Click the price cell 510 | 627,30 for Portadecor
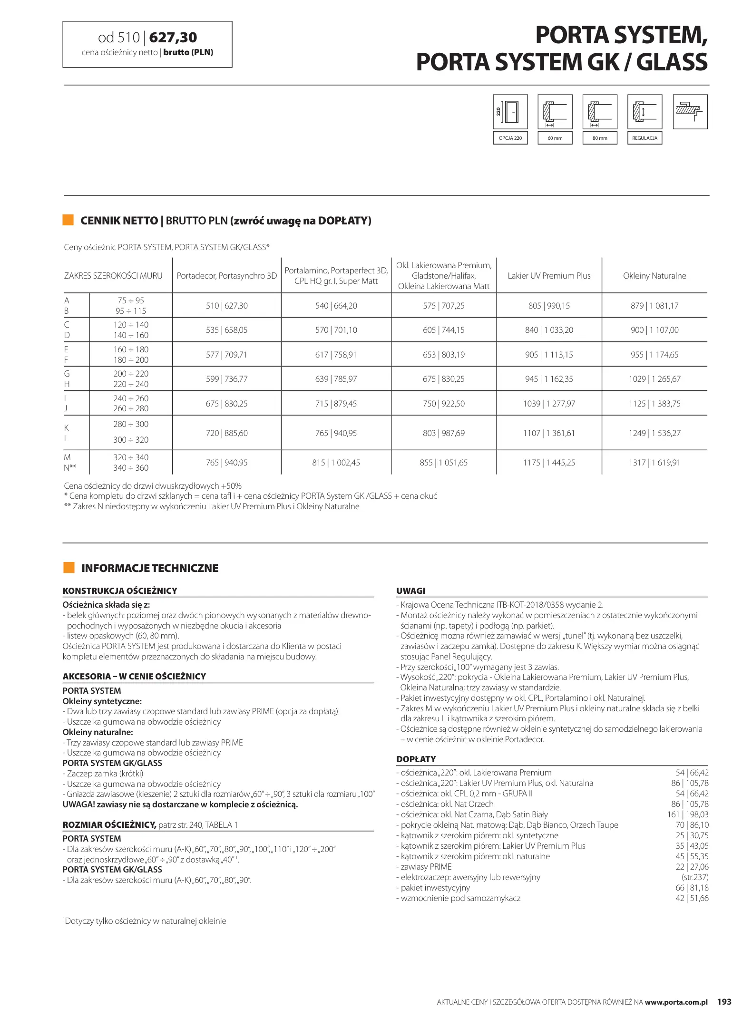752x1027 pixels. [x=226, y=306]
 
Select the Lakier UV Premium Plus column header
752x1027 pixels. [x=549, y=276]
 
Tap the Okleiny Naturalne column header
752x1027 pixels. [x=654, y=276]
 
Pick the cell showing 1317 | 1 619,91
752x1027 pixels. [x=654, y=463]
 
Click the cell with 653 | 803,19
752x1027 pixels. [x=443, y=355]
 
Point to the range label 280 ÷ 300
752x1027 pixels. [x=131, y=424]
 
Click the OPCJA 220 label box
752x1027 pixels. [x=510, y=138]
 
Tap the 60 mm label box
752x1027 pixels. [x=555, y=138]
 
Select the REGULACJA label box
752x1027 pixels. [x=645, y=138]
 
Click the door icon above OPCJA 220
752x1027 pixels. [x=510, y=112]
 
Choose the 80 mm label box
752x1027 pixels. [x=600, y=138]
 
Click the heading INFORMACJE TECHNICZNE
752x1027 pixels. [x=150, y=568]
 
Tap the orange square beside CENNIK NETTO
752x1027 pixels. [x=68, y=220]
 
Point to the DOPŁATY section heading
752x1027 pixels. [x=416, y=759]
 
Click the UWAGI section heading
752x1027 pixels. [x=411, y=591]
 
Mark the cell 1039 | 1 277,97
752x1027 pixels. [x=549, y=404]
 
